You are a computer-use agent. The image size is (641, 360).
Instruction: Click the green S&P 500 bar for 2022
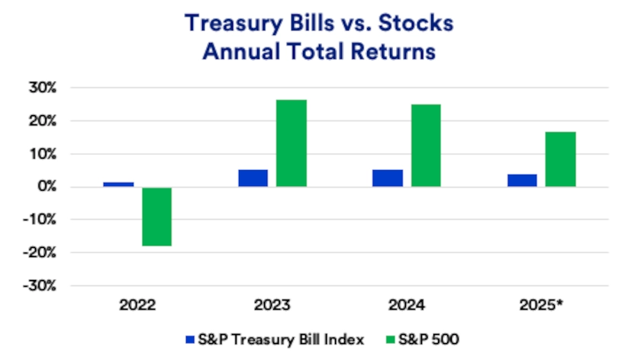156,217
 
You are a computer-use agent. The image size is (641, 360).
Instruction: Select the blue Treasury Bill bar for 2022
118,185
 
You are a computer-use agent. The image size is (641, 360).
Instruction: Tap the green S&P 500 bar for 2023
292,143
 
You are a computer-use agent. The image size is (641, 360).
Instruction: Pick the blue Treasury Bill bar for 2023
253,178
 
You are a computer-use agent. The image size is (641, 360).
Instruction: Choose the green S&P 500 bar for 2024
426,146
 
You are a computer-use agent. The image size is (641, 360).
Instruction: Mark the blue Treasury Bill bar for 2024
388,178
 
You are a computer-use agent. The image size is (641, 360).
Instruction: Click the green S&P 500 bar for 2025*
561,159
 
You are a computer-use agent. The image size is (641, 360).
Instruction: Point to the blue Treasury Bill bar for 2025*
523,181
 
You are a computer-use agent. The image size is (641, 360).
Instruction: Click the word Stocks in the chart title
416,24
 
